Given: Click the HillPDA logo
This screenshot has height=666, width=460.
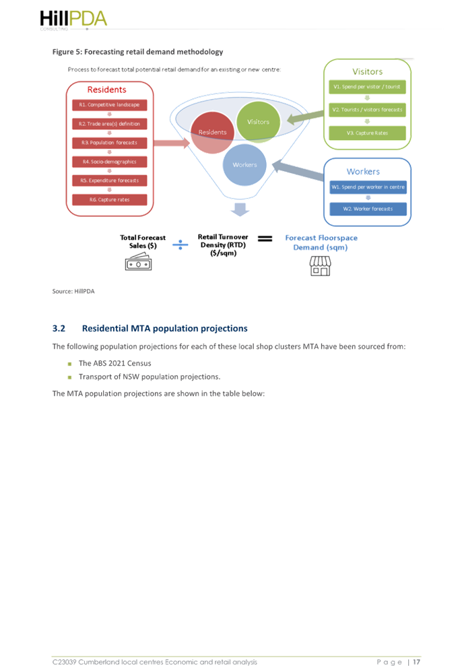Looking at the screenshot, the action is [x=73, y=20].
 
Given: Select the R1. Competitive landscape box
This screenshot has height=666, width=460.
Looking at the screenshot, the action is [x=110, y=105].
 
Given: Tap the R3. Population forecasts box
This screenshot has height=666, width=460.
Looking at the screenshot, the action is [x=110, y=143].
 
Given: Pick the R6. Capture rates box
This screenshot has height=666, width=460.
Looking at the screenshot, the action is [x=110, y=199].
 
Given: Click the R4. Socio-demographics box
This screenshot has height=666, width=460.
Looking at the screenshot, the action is [x=110, y=162].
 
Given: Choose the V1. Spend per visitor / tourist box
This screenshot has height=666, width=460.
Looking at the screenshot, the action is [x=368, y=87].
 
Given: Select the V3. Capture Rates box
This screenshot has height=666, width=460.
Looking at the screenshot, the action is [x=368, y=133].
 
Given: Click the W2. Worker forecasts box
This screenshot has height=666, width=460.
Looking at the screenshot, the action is [x=368, y=209].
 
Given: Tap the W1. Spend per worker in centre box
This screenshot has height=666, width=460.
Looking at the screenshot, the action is [x=368, y=187].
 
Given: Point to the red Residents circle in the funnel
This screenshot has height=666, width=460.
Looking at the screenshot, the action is [x=212, y=133].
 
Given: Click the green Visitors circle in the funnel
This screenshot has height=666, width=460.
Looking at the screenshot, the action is [x=258, y=122].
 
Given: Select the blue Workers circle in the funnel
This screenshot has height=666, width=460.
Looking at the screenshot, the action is [x=244, y=165].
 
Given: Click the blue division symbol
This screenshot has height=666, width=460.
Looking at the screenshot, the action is [x=180, y=244].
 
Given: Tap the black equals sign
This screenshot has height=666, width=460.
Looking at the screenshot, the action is [x=265, y=239].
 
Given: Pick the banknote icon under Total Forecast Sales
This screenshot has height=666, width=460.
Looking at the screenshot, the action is [x=139, y=262].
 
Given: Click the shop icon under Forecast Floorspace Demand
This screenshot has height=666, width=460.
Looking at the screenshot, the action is [x=321, y=266].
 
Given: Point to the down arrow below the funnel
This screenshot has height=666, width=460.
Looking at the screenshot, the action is [x=240, y=209].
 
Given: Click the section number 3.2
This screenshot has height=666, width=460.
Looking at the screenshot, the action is [x=59, y=329].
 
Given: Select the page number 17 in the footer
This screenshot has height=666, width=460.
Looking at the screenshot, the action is [x=416, y=662].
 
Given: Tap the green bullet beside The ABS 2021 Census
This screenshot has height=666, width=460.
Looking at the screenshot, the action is [x=69, y=364].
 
